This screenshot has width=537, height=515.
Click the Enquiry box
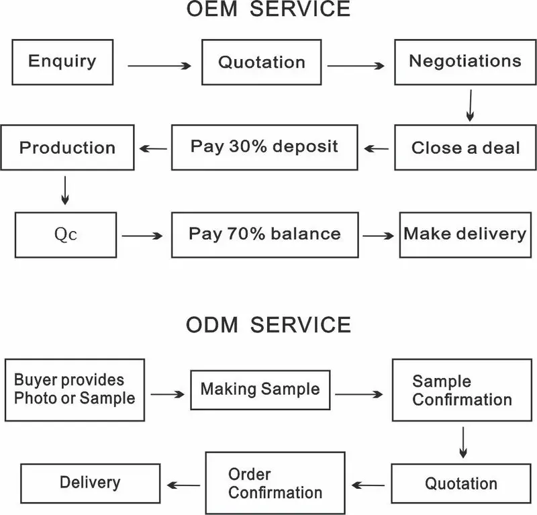(62, 61)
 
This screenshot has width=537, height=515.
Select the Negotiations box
(465, 61)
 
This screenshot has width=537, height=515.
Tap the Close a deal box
(465, 147)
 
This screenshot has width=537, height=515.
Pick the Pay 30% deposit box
(264, 147)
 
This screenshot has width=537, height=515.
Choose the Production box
(66, 147)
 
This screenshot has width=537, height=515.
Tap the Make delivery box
(465, 234)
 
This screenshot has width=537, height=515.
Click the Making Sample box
(260, 389)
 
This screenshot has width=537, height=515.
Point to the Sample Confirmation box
(461, 391)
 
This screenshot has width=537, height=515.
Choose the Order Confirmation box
(275, 483)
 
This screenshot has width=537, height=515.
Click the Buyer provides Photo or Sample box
(75, 389)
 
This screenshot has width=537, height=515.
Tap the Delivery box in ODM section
(90, 483)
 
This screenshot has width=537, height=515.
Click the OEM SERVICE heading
(268, 9)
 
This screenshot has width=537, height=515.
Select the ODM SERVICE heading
(268, 326)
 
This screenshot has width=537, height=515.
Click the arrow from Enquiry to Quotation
(160, 66)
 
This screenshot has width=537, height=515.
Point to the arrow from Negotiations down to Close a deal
(470, 106)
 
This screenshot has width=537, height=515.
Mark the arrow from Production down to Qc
(65, 189)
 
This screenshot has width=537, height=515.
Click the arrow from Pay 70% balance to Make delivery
(379, 236)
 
